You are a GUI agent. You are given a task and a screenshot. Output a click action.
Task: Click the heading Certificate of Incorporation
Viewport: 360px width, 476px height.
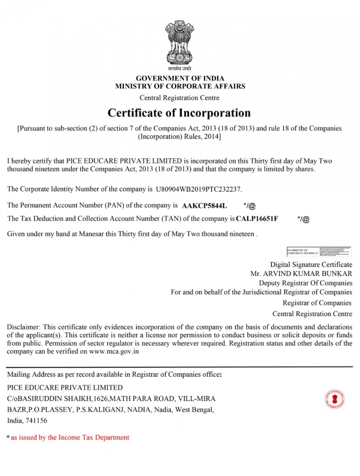(179, 113)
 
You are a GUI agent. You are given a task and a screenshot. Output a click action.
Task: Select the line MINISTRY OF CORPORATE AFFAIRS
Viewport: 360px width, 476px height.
(180, 86)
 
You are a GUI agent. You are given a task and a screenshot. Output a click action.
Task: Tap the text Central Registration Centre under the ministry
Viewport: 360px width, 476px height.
(179, 98)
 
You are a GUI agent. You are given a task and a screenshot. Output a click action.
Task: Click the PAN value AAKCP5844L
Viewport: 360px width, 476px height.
(204, 206)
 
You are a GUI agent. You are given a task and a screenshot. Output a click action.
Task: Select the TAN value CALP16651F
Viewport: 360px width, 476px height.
(257, 219)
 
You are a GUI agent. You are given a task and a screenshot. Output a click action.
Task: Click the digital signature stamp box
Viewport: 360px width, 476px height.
(319, 252)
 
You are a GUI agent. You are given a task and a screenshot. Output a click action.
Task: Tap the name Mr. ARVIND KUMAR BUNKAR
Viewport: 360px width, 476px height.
(301, 274)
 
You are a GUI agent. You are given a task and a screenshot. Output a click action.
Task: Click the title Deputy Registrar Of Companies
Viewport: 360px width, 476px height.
(305, 283)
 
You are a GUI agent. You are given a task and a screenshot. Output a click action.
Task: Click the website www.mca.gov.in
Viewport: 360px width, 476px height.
(113, 351)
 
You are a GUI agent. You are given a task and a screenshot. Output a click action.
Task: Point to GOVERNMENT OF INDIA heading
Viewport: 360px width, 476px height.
(180, 79)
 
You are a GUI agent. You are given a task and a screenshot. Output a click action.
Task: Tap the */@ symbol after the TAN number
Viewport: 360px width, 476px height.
(303, 219)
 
